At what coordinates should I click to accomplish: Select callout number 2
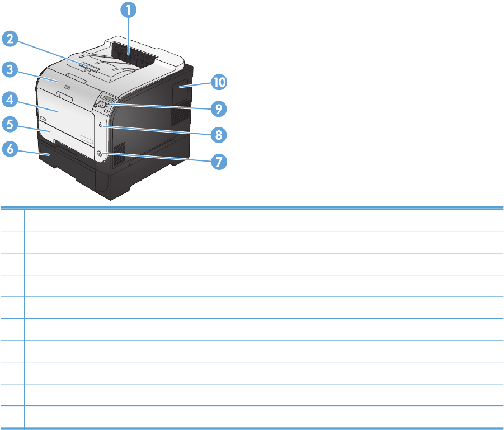point(10,39)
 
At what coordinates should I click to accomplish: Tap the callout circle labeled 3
point(10,70)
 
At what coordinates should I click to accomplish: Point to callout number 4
point(10,101)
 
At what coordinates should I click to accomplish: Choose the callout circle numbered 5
point(10,123)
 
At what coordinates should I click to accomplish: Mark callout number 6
point(10,149)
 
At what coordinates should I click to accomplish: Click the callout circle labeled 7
point(219,162)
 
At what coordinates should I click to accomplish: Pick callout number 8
point(219,135)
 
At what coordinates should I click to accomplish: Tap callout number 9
point(219,108)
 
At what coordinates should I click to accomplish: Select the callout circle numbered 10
point(219,82)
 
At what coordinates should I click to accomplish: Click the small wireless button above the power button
point(100,126)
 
